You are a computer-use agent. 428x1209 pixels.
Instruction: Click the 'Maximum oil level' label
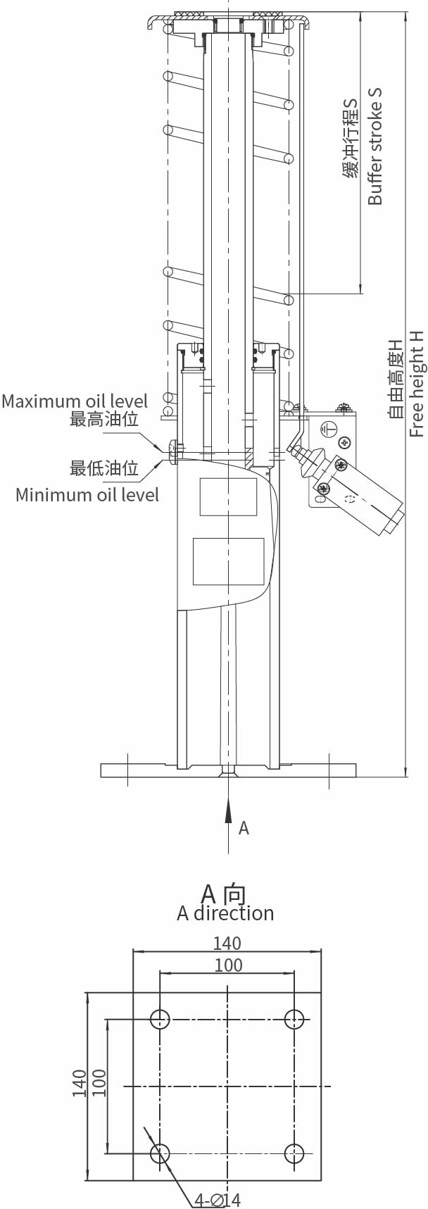pyautogui.click(x=75, y=401)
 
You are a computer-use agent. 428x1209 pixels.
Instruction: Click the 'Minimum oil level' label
pyautogui.click(x=87, y=494)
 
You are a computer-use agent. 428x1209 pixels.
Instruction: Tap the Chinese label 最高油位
pyautogui.click(x=104, y=420)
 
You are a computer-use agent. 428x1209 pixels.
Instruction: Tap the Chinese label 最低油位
pyautogui.click(x=104, y=468)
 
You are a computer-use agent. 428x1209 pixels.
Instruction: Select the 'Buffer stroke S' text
pyautogui.click(x=375, y=146)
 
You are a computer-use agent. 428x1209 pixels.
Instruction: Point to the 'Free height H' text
pyautogui.click(x=417, y=382)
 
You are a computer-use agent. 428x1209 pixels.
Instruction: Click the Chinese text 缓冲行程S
pyautogui.click(x=351, y=138)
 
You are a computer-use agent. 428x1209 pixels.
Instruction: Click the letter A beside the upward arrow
pyautogui.click(x=244, y=828)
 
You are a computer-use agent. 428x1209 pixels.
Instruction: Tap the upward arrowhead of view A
pyautogui.click(x=228, y=811)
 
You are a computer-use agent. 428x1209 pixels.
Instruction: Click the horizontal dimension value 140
pyautogui.click(x=227, y=943)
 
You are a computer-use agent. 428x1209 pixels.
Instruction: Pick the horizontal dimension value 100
pyautogui.click(x=228, y=965)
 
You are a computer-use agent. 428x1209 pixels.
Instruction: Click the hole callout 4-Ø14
pyautogui.click(x=218, y=1200)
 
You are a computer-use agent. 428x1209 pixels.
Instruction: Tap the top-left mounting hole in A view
pyautogui.click(x=160, y=1019)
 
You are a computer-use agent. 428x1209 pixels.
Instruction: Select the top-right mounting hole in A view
pyautogui.click(x=294, y=1019)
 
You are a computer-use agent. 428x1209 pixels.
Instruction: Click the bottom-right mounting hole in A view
pyautogui.click(x=294, y=1153)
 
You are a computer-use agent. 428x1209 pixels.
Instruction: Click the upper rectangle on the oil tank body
pyautogui.click(x=228, y=497)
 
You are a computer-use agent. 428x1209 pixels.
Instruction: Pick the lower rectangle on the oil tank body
pyautogui.click(x=229, y=561)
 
